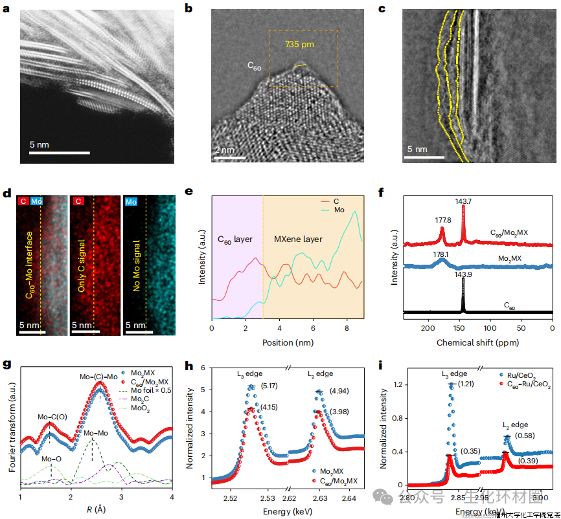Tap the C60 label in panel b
tap(254, 65)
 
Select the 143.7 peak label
tap(463, 201)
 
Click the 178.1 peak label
tap(441, 254)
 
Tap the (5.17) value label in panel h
tap(270, 387)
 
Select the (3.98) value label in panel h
tap(339, 412)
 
